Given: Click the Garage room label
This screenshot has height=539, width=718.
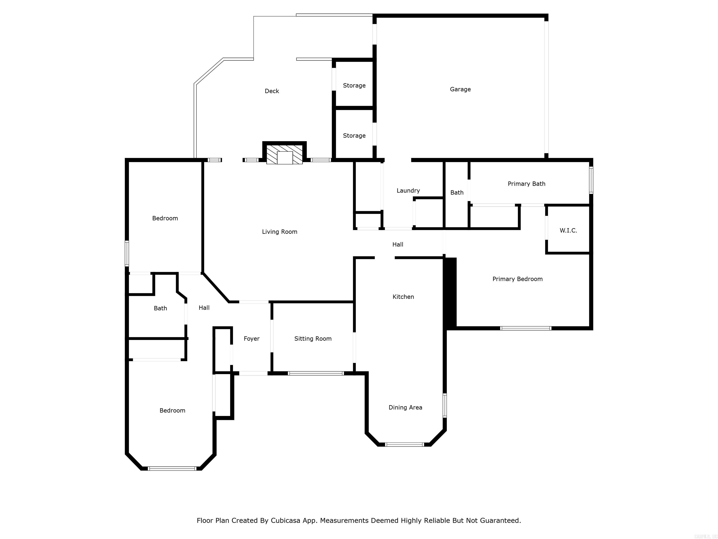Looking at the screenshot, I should [x=460, y=89].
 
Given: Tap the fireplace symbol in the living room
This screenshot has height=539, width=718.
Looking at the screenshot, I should [x=285, y=155].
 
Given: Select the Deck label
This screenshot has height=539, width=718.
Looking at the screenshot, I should [x=272, y=91].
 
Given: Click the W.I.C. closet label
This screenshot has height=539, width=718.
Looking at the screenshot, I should [x=568, y=231].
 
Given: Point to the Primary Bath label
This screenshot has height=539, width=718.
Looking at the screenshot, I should [x=526, y=184].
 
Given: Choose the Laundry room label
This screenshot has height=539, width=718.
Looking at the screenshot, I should [x=408, y=191].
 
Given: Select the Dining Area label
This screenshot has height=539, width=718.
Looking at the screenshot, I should [x=405, y=408].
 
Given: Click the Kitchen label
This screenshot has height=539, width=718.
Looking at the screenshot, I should [x=403, y=297].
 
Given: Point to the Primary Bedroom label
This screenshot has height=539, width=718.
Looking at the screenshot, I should [x=517, y=279].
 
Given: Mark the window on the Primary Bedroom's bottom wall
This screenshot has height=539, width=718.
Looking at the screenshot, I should [x=525, y=328].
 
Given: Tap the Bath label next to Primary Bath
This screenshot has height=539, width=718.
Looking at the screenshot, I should [x=457, y=193].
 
